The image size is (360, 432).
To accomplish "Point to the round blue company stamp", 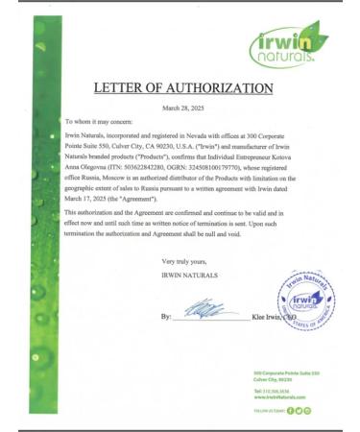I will (304, 301).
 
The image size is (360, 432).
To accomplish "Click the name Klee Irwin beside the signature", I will (270, 316).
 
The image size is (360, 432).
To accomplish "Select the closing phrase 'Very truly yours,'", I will (183, 262).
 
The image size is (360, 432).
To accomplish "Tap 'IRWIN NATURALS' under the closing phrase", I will (189, 275).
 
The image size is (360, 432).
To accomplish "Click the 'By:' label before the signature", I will (166, 316).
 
